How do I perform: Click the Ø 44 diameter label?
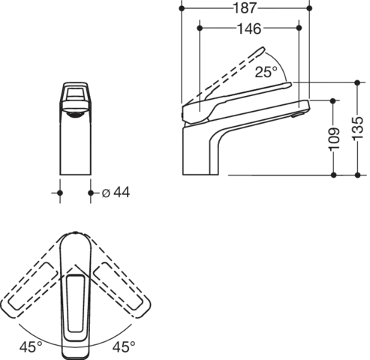pyautogui.click(x=116, y=194)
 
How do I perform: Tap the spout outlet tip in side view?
pyautogui.click(x=306, y=106)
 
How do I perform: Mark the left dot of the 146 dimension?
pyautogui.click(x=202, y=30)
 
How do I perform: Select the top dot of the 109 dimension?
pyautogui.click(x=332, y=98)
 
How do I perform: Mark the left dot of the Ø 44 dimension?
pyautogui.click(x=61, y=194)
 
